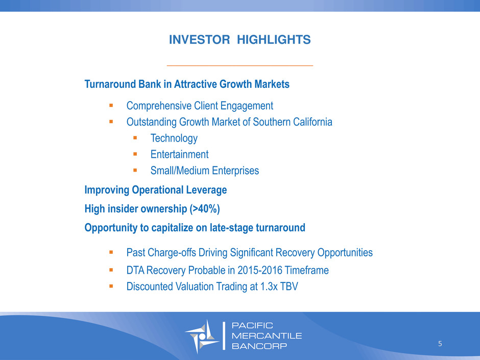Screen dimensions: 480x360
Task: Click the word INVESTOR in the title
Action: pyautogui.click(x=199, y=40)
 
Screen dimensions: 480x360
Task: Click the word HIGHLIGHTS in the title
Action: pyautogui.click(x=274, y=40)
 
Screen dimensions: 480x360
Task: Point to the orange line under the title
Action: pyautogui.click(x=239, y=65)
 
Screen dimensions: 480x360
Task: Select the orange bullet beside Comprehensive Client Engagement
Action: pyautogui.click(x=111, y=106)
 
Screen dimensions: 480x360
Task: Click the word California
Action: pyautogui.click(x=313, y=122)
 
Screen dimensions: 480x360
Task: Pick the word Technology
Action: pyautogui.click(x=174, y=138)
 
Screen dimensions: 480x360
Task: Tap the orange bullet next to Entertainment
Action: pyautogui.click(x=135, y=154)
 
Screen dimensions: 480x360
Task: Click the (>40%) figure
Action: pyautogui.click(x=205, y=209)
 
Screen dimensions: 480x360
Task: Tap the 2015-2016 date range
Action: pyautogui.click(x=259, y=270)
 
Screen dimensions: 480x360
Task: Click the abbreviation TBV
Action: pyautogui.click(x=290, y=286)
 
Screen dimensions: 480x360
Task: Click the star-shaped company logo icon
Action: pyautogui.click(x=202, y=336)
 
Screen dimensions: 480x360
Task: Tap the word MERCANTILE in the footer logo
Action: pyautogui.click(x=267, y=336)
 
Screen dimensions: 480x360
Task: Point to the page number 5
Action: pyautogui.click(x=440, y=344)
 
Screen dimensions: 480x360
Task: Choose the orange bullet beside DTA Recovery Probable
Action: pyautogui.click(x=111, y=270)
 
